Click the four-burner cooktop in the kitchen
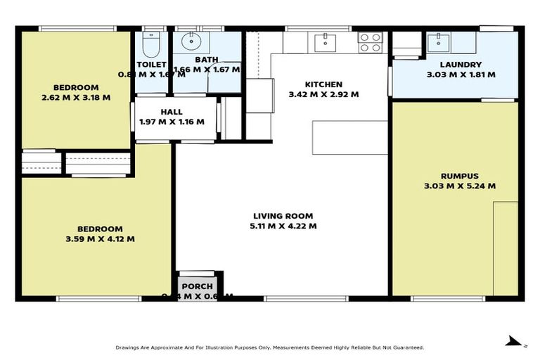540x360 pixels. [x=370, y=42]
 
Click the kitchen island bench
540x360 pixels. [x=349, y=137]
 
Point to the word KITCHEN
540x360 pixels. [x=323, y=84]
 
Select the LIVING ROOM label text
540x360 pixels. [x=283, y=216]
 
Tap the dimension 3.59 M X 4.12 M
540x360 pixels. [x=100, y=239]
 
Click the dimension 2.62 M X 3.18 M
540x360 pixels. [x=76, y=98]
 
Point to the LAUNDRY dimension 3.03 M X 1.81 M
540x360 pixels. [x=461, y=75]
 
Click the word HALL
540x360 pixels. [x=172, y=112]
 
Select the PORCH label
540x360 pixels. [x=198, y=287]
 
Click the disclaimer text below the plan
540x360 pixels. [x=270, y=347]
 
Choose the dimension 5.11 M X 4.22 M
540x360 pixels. [x=283, y=226]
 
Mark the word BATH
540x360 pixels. [x=207, y=60]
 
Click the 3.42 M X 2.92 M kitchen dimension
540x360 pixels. [x=323, y=94]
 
